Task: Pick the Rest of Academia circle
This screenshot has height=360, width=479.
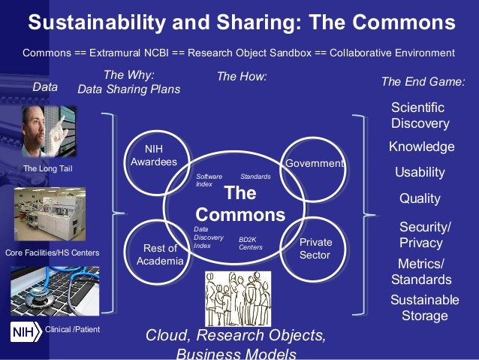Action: (x=159, y=254)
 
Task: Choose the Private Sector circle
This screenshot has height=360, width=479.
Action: (x=315, y=248)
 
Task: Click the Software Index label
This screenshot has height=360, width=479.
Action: (x=209, y=180)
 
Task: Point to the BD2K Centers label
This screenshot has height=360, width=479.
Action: (x=250, y=243)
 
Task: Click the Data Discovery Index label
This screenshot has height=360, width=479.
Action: (x=204, y=237)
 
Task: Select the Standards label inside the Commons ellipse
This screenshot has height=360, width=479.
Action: (x=255, y=177)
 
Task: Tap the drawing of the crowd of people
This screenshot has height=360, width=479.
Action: (x=238, y=299)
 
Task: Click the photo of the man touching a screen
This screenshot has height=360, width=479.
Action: (x=45, y=131)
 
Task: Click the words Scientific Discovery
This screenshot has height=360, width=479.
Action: (x=420, y=115)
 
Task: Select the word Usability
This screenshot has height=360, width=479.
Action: (x=420, y=172)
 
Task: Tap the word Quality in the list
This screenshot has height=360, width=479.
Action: (x=420, y=199)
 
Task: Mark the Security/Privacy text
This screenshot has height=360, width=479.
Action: (x=424, y=234)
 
